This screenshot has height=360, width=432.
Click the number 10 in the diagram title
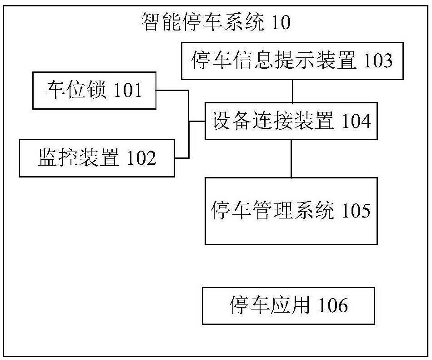pyautogui.click(x=281, y=23)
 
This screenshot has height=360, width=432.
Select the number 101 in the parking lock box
pyautogui.click(x=128, y=90)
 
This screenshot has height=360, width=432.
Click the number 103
pyautogui.click(x=378, y=61)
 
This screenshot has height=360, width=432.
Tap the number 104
pyautogui.click(x=356, y=121)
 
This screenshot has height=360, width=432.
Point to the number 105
pyautogui.click(x=356, y=211)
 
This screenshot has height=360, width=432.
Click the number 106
pyautogui.click(x=333, y=305)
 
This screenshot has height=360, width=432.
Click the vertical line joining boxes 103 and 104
pyautogui.click(x=292, y=91)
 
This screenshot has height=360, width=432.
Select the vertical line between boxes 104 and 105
pyautogui.click(x=291, y=159)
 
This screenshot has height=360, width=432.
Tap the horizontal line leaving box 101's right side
pyautogui.click(x=172, y=90)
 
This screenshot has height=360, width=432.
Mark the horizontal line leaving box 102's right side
pyautogui.click(x=182, y=158)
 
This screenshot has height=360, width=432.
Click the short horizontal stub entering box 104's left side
pyautogui.click(x=197, y=121)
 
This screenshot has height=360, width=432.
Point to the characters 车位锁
pyautogui.click(x=76, y=90)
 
